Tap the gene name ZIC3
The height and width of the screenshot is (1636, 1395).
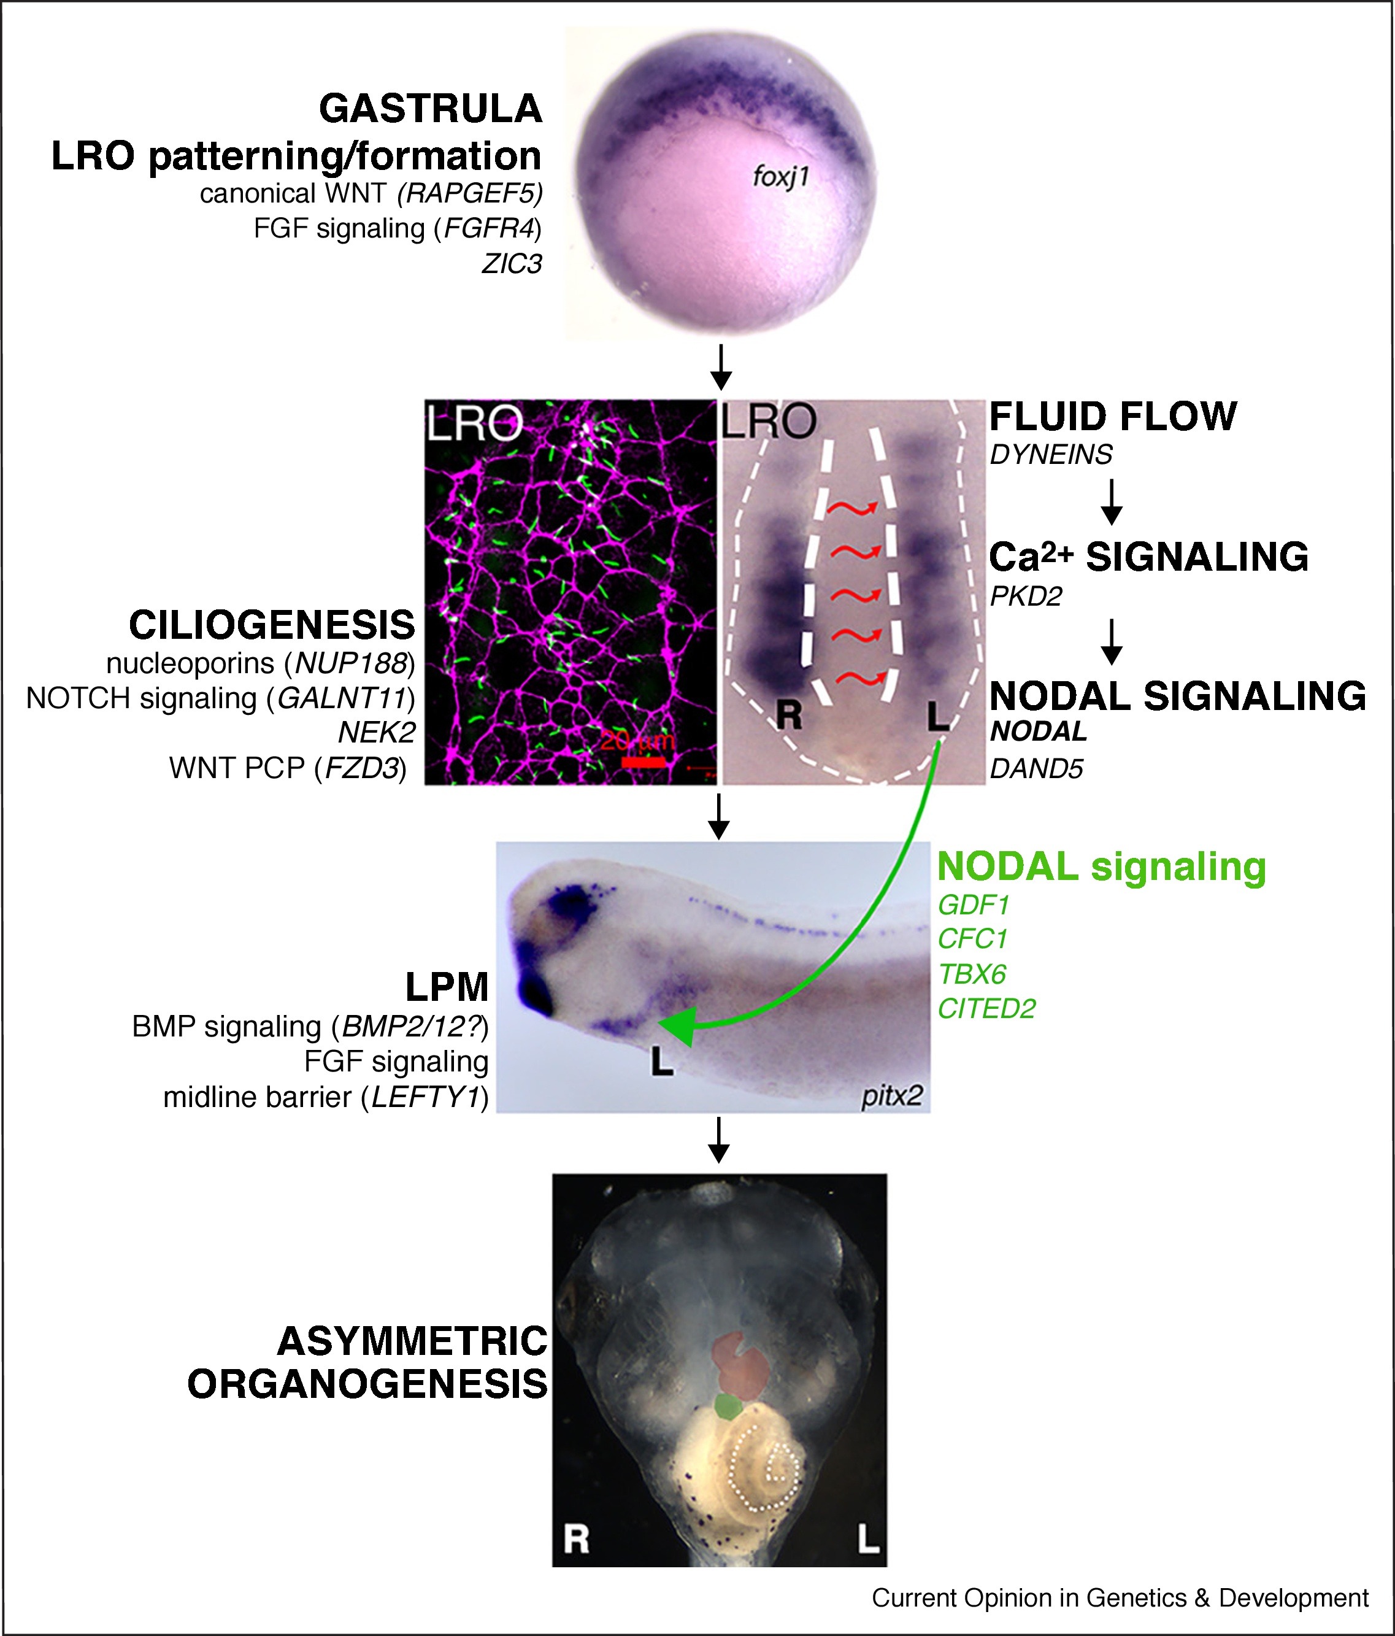(512, 264)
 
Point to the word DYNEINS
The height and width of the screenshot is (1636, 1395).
(1051, 455)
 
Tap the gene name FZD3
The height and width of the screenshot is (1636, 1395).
(360, 768)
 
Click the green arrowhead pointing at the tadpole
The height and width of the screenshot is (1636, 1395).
(674, 1027)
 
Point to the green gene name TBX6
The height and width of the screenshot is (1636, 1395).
(972, 974)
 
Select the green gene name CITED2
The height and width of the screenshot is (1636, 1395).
(986, 1009)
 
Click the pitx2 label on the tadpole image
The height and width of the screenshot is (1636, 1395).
(892, 1097)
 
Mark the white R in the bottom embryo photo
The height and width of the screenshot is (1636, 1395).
(576, 1539)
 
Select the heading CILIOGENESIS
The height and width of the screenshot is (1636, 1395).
(272, 625)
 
